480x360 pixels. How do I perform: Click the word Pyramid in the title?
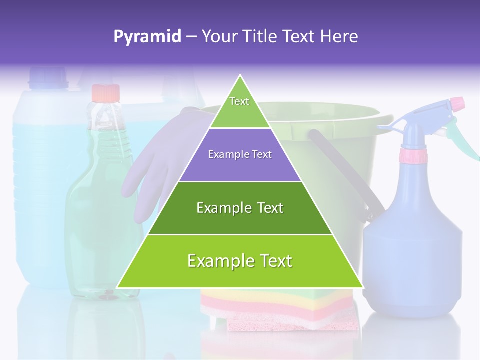pyautogui.click(x=147, y=37)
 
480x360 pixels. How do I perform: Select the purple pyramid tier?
pyautogui.click(x=240, y=155)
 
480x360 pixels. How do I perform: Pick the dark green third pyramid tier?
pyautogui.click(x=240, y=208)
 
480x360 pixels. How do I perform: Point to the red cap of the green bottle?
pyautogui.click(x=105, y=93)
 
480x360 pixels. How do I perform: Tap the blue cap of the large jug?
pyautogui.click(x=48, y=77)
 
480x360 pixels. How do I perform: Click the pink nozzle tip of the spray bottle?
pyautogui.click(x=457, y=104)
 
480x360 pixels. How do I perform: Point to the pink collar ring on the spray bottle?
pyautogui.click(x=413, y=156)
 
